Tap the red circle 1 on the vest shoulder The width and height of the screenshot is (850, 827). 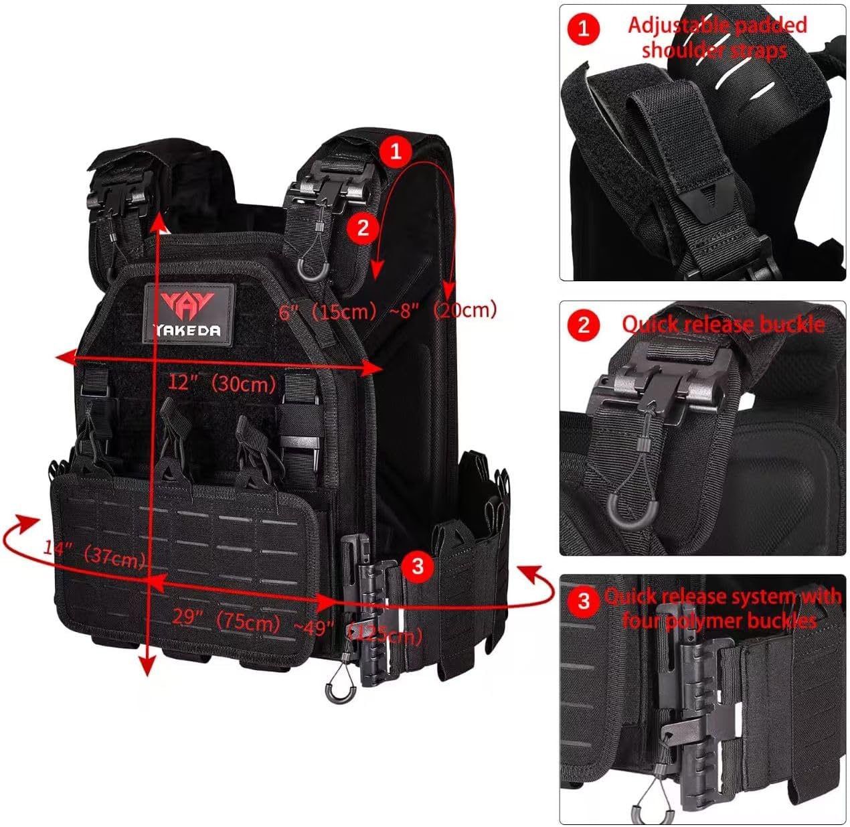(396, 151)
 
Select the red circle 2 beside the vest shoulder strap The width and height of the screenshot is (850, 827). (363, 228)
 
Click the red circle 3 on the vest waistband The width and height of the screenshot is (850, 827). (418, 567)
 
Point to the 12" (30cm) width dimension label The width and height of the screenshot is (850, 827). (222, 384)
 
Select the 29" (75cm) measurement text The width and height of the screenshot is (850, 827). (226, 619)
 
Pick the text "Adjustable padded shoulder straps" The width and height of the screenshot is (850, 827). (716, 37)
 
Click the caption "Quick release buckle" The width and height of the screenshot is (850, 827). (723, 324)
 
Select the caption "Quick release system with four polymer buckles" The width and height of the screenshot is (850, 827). (721, 608)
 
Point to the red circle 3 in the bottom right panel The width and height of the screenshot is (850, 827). (584, 601)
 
